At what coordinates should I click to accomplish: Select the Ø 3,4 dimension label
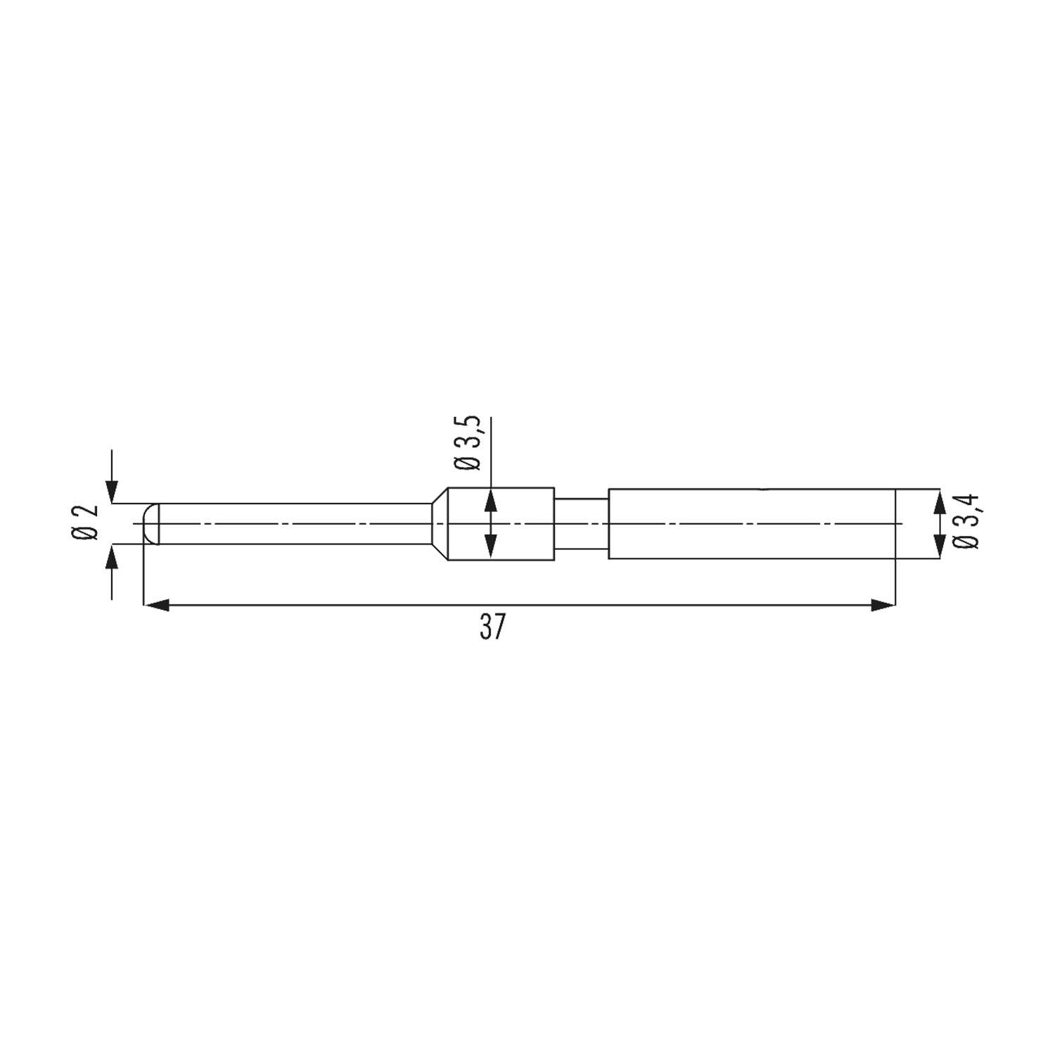(x=967, y=522)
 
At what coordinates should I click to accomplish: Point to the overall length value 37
(x=492, y=628)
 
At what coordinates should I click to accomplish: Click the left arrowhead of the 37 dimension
(x=155, y=605)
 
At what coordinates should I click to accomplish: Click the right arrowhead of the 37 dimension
(x=883, y=605)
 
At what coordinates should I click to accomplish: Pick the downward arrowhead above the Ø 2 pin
(x=112, y=493)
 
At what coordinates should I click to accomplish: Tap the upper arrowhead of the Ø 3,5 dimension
(x=491, y=499)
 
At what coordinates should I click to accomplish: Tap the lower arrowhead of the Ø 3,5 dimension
(x=491, y=548)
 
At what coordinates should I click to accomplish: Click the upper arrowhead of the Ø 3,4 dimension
(x=938, y=501)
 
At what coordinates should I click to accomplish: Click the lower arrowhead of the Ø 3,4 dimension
(x=938, y=546)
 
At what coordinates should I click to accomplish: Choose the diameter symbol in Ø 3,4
(x=967, y=541)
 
